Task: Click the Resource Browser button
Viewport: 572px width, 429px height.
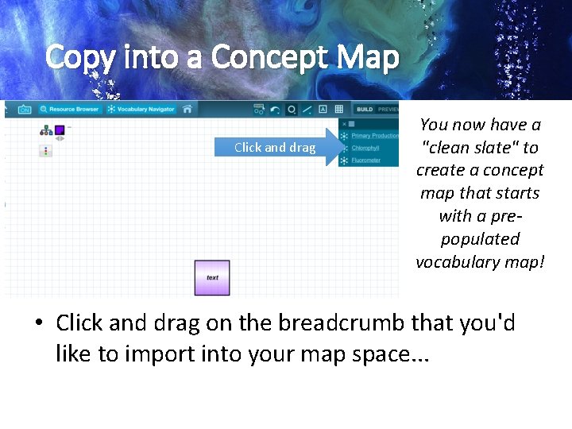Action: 71,109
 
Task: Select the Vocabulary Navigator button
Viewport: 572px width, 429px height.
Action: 141,109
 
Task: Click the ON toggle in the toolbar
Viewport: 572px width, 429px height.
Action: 25,109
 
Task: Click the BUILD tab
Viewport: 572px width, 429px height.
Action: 365,110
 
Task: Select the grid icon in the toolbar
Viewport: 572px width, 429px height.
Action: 338,110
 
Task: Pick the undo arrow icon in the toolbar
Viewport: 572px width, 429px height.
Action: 275,110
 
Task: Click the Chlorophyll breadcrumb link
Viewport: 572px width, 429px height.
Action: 365,148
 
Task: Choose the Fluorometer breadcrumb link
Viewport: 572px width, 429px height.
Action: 366,160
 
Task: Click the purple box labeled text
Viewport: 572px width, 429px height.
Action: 212,278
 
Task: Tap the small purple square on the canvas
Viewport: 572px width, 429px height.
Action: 60,129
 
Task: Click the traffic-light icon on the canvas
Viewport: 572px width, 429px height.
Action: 45,150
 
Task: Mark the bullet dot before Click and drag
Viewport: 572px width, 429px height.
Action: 38,323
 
